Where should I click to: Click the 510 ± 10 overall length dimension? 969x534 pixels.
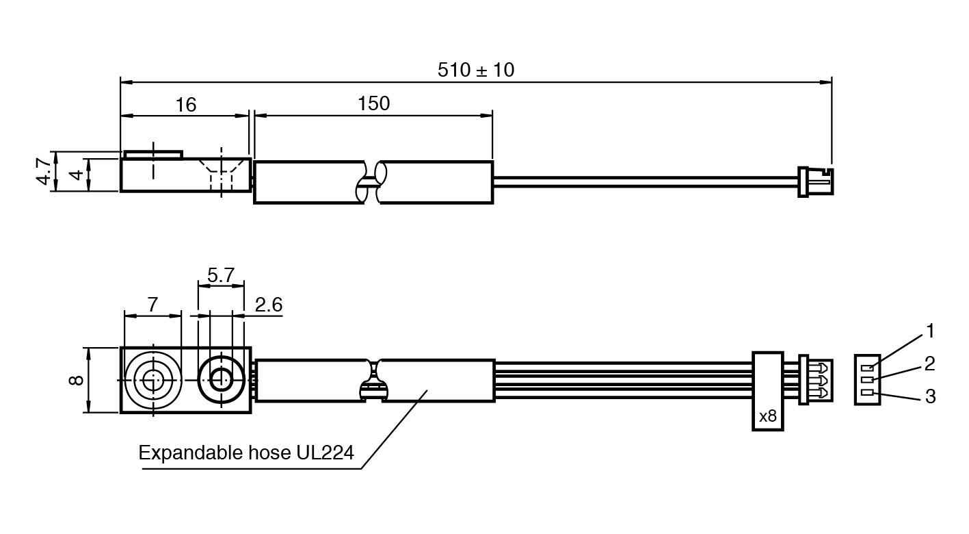[x=475, y=70]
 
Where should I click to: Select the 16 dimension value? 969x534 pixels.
[x=185, y=105]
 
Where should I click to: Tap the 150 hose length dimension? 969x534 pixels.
[x=373, y=103]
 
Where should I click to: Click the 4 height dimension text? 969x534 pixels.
[x=79, y=174]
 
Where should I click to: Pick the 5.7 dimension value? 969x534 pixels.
[x=220, y=275]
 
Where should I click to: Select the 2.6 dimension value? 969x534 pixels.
[x=268, y=305]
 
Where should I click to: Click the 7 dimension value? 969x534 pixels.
[x=152, y=305]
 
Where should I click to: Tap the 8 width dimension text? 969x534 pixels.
[x=77, y=379]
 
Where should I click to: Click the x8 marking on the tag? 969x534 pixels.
[x=767, y=416]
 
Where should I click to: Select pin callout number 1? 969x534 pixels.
[x=929, y=331]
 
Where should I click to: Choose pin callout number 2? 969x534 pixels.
[x=929, y=364]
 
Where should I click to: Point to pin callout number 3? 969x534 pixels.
[x=929, y=396]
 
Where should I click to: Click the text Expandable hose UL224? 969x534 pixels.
[x=246, y=453]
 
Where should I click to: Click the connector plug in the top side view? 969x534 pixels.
[x=815, y=181]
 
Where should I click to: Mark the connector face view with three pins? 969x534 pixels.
[x=867, y=379]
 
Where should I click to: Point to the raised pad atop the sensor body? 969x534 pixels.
[x=152, y=154]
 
